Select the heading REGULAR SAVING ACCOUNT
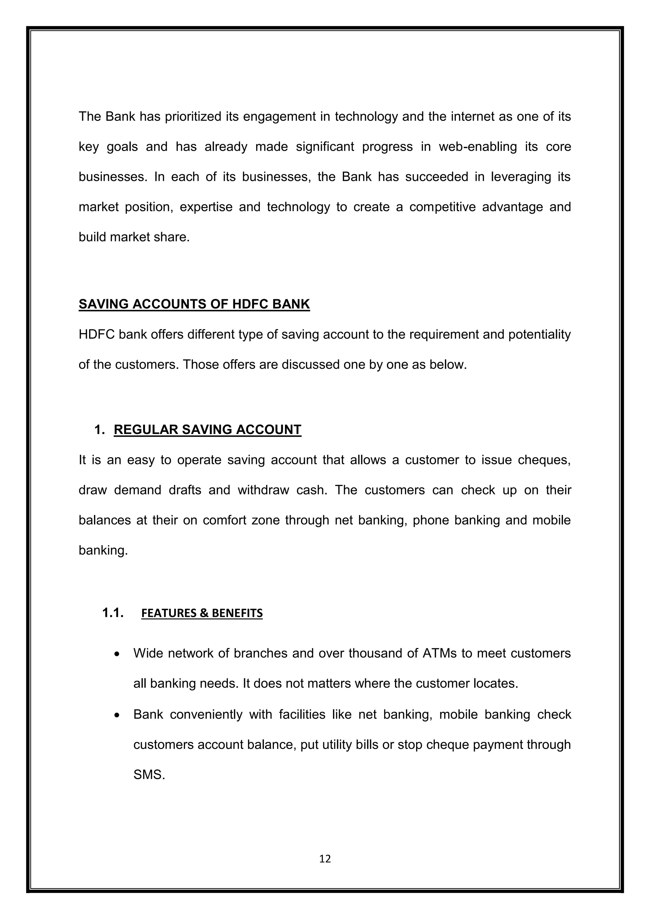pyautogui.click(x=207, y=429)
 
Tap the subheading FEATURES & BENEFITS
pyautogui.click(x=202, y=613)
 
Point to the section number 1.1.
pyautogui.click(x=112, y=613)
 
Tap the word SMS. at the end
pyautogui.click(x=149, y=775)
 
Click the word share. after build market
pyautogui.click(x=175, y=237)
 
